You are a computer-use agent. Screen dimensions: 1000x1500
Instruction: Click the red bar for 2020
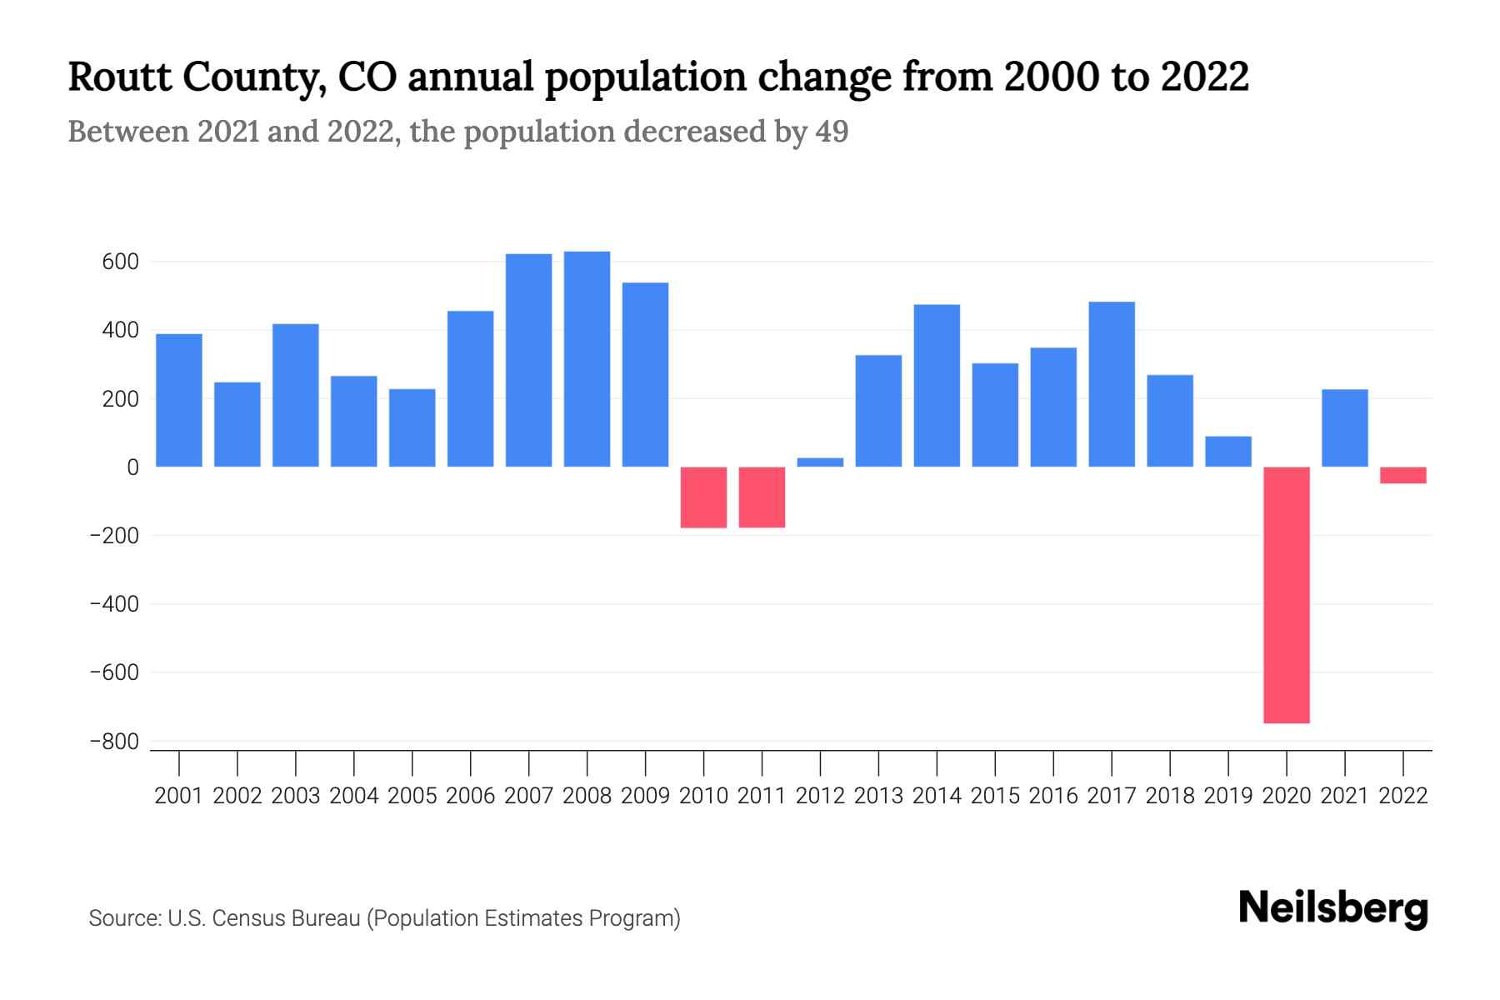click(x=1286, y=594)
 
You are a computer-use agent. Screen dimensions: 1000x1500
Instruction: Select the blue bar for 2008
click(x=587, y=358)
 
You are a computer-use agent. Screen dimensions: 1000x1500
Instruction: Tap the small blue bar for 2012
click(x=820, y=462)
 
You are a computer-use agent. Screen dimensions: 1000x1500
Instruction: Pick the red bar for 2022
click(x=1402, y=475)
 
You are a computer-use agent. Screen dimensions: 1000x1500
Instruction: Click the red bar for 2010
click(x=703, y=497)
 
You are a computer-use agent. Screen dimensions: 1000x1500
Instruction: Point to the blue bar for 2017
click(x=1111, y=383)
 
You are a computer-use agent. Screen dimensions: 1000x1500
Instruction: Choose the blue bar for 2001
click(x=179, y=400)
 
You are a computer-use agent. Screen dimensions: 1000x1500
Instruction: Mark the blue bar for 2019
click(x=1227, y=451)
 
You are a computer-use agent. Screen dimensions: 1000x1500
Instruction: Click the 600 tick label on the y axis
click(x=120, y=262)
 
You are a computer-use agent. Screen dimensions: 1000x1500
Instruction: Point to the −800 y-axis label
click(x=114, y=741)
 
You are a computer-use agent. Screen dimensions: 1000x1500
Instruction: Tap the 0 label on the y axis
click(x=132, y=467)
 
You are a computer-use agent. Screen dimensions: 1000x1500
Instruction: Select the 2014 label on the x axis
click(x=937, y=796)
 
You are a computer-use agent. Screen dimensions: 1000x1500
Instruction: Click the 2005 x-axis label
click(x=412, y=796)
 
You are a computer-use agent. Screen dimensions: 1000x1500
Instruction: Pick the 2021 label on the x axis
click(x=1344, y=796)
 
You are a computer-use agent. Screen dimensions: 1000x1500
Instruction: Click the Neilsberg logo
click(x=1332, y=908)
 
